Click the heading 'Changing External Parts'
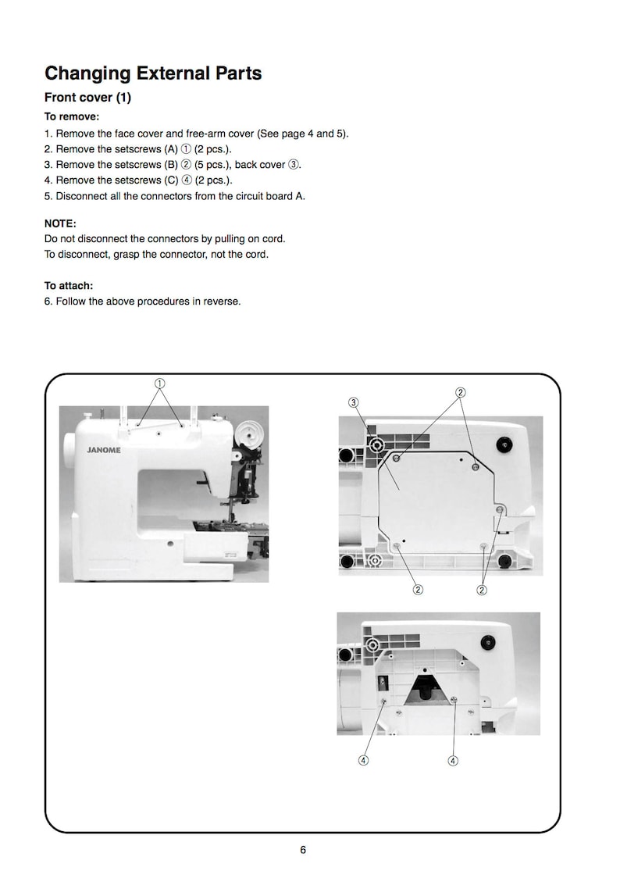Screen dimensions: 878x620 pos(153,73)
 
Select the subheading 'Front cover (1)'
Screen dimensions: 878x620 pos(87,98)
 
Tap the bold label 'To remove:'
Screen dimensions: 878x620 pos(72,116)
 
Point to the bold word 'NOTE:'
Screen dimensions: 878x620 pos(60,223)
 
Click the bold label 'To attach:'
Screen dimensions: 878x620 pos(69,286)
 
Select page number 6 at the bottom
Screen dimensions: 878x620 pos(303,850)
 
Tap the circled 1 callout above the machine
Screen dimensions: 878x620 pos(159,384)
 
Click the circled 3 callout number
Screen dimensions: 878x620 pos(354,402)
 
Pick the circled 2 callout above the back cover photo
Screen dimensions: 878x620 pos(461,392)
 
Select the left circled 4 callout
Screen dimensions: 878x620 pos(364,761)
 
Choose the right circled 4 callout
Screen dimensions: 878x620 pos(453,761)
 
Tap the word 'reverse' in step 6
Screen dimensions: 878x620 pos(221,302)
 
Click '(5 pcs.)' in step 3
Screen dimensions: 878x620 pos(212,164)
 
